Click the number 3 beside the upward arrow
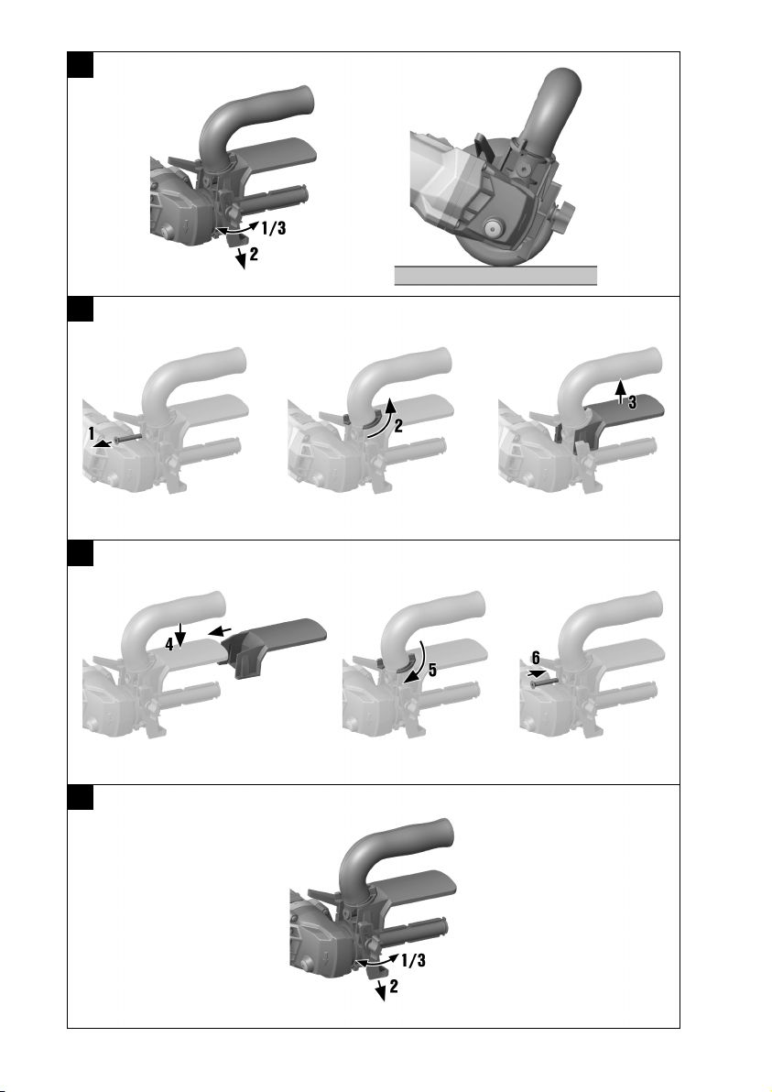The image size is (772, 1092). pos(632,402)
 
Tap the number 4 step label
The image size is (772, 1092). pos(169,645)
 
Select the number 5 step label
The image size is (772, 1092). pos(432,670)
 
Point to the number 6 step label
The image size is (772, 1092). pos(536,658)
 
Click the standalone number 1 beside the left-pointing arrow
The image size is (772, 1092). pos(92,434)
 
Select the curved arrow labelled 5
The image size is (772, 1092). pos(416,662)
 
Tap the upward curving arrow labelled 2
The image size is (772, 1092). pos(382,417)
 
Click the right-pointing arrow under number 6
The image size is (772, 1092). pos(537,673)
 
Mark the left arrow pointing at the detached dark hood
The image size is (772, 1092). pos(221,632)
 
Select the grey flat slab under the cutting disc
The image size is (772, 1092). pos(495,276)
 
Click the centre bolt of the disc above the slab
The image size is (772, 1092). pos(495,226)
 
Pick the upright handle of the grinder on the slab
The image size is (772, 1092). pos(550,112)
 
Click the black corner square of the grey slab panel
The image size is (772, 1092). pos(80,65)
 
